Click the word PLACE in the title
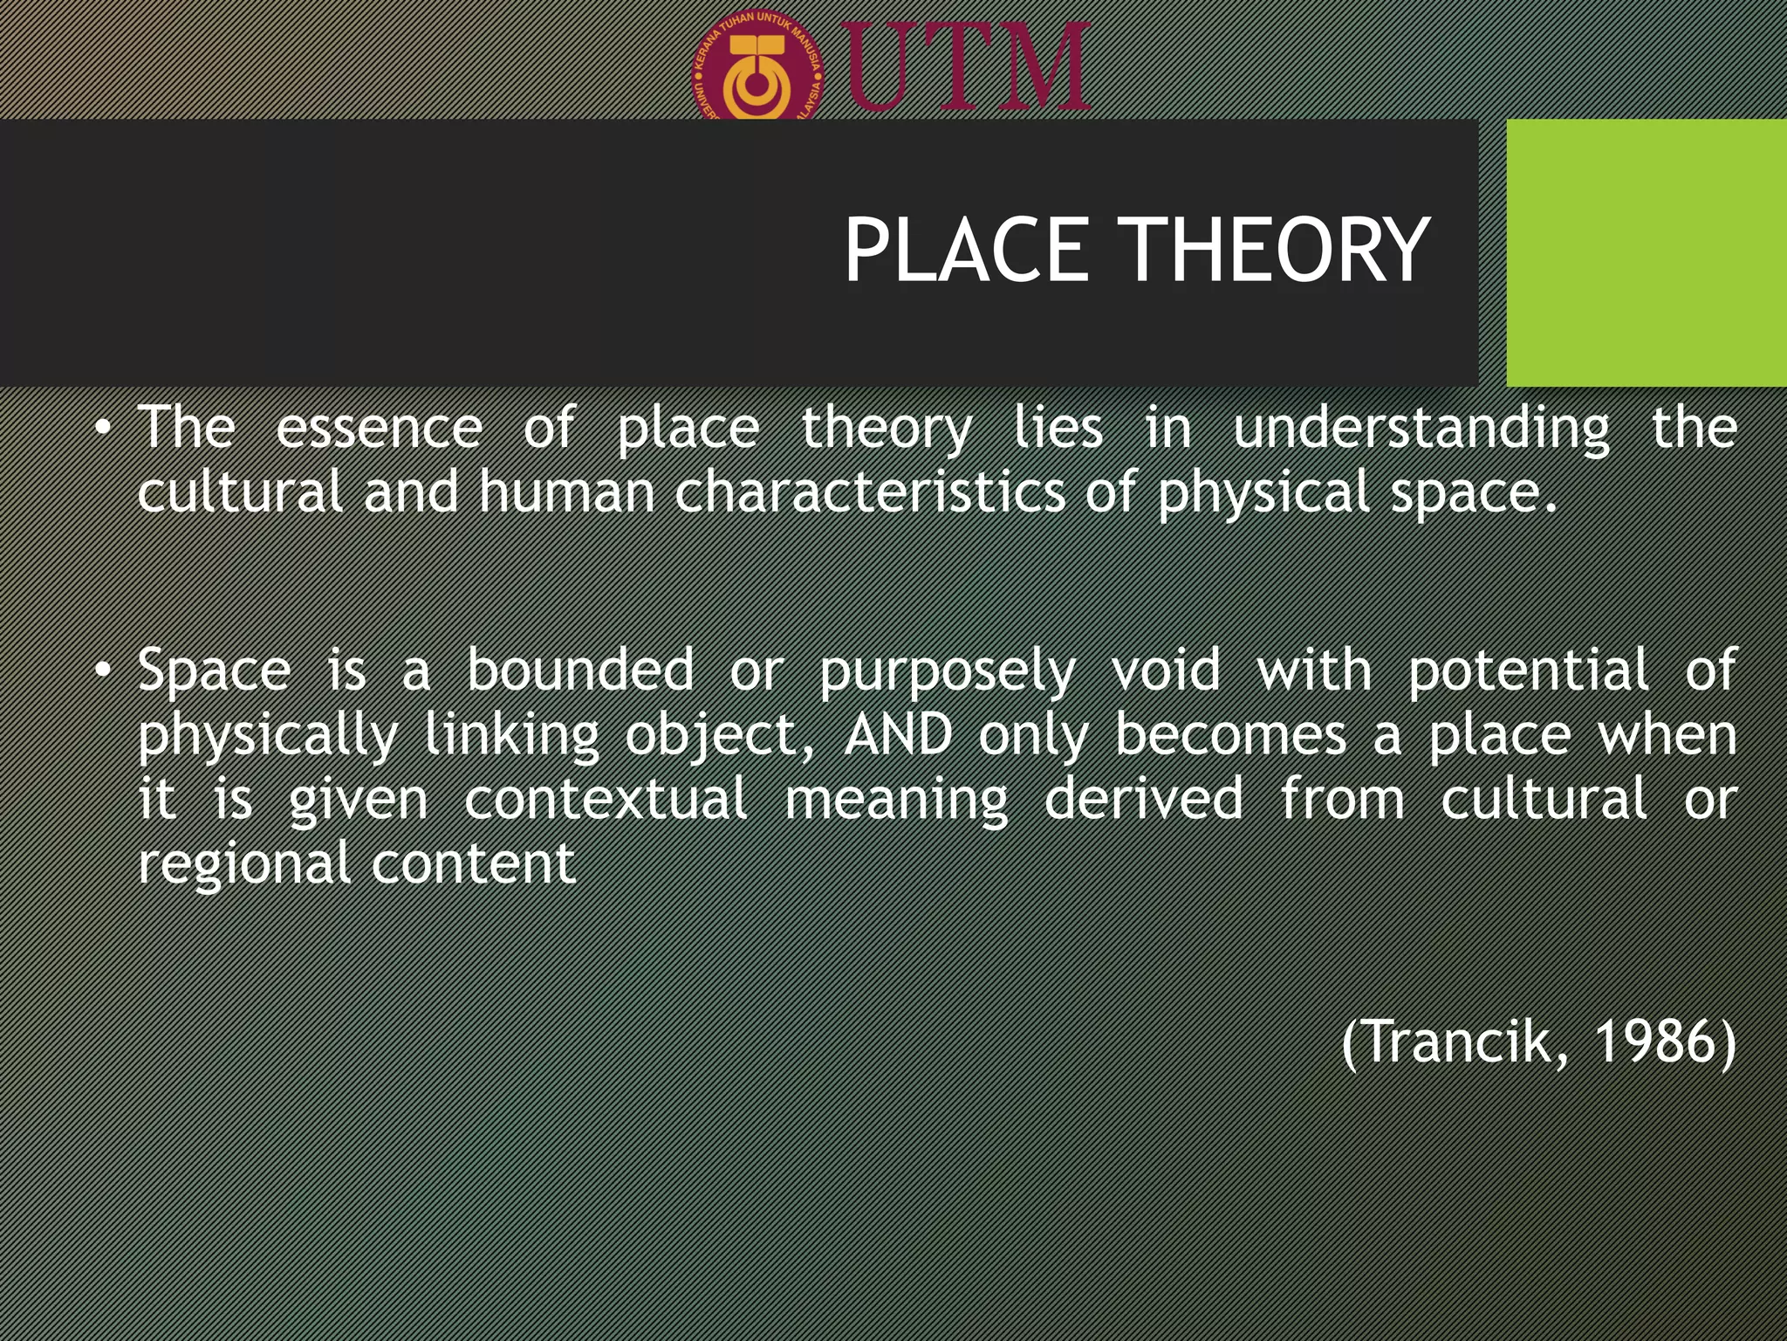(967, 251)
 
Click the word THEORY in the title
(1274, 251)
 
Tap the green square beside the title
(1646, 252)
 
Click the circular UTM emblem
(758, 70)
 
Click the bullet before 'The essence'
(104, 429)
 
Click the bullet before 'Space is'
(104, 671)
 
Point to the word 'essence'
(379, 429)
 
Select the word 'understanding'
(1421, 429)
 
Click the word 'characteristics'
(870, 492)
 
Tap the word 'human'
(566, 492)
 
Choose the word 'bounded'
(580, 670)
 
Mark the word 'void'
(1166, 670)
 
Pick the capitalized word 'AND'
(899, 735)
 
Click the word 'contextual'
(606, 799)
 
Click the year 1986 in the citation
(1656, 1042)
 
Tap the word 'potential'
(1528, 670)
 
